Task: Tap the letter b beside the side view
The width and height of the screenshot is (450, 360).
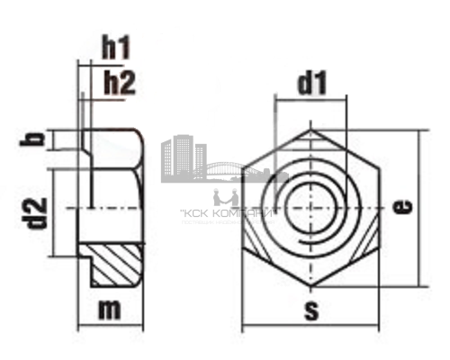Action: [x=34, y=139]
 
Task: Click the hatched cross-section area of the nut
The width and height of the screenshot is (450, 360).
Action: [x=119, y=263]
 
